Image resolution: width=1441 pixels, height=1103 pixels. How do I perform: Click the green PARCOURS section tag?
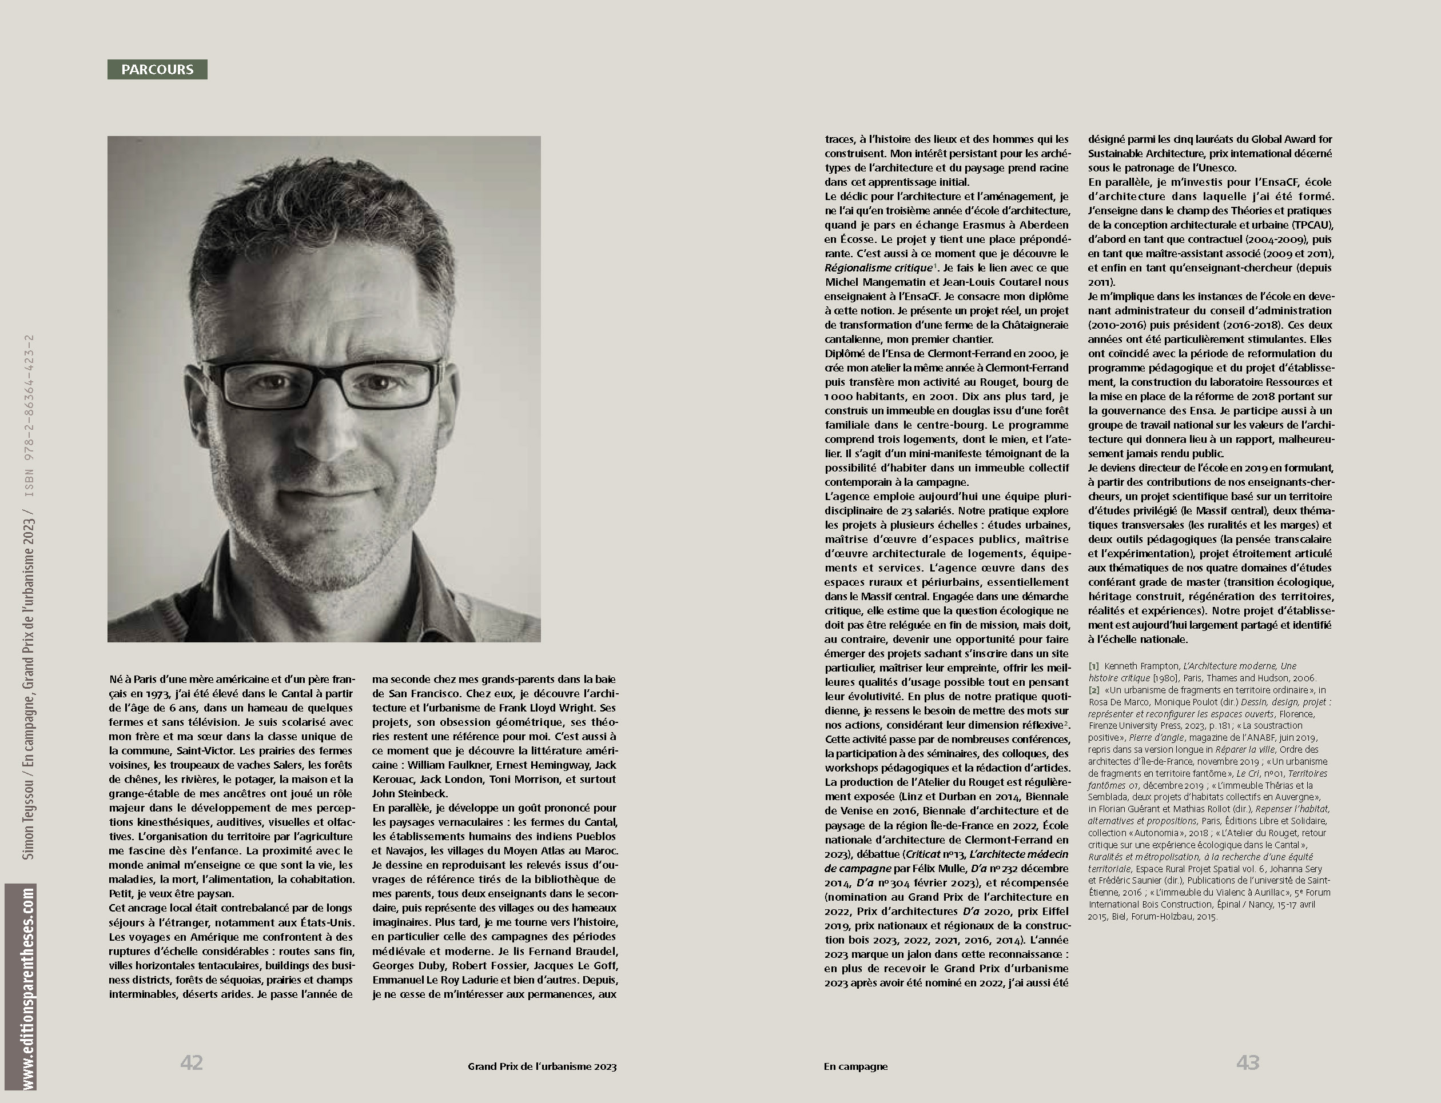pyautogui.click(x=157, y=70)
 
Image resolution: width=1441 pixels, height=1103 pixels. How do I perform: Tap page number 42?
pyautogui.click(x=191, y=1062)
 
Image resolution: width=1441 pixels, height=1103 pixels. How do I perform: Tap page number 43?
pyautogui.click(x=1247, y=1062)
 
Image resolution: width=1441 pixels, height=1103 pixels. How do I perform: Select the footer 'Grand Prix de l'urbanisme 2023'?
pyautogui.click(x=542, y=1067)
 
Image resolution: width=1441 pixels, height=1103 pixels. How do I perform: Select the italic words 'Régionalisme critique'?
pyautogui.click(x=878, y=268)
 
